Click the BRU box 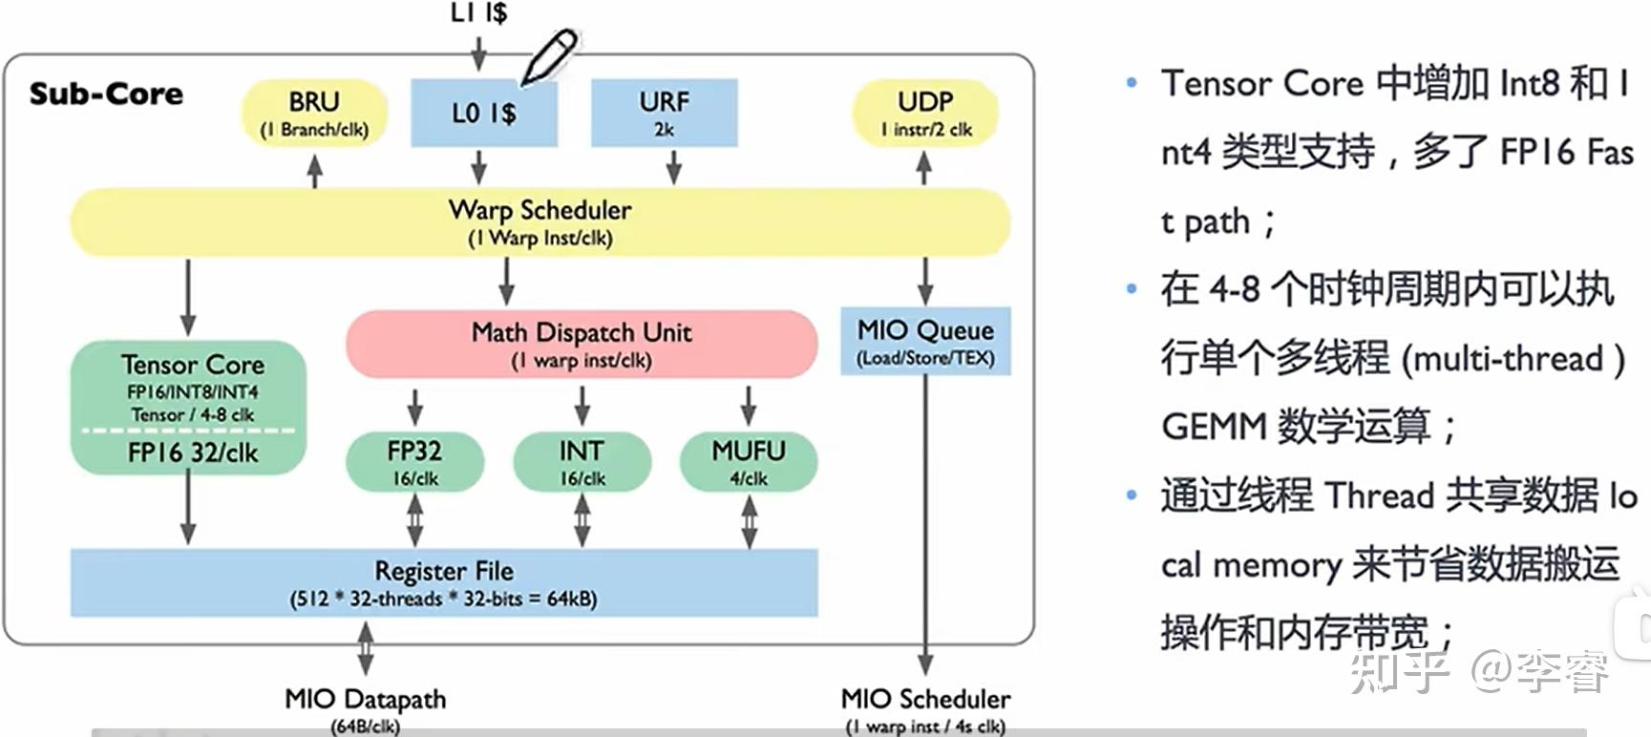314,114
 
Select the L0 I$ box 484,113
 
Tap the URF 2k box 665,113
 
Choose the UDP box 925,114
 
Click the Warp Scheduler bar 540,222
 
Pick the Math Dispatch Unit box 582,344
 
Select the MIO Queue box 925,341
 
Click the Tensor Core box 189,408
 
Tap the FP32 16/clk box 415,462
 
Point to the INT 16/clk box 582,462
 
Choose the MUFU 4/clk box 749,462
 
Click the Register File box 444,582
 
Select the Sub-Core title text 106,94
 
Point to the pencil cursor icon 549,56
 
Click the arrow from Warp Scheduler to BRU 314,170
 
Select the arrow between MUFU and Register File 750,521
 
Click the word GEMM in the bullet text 1215,426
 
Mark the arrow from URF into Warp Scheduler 673,166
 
